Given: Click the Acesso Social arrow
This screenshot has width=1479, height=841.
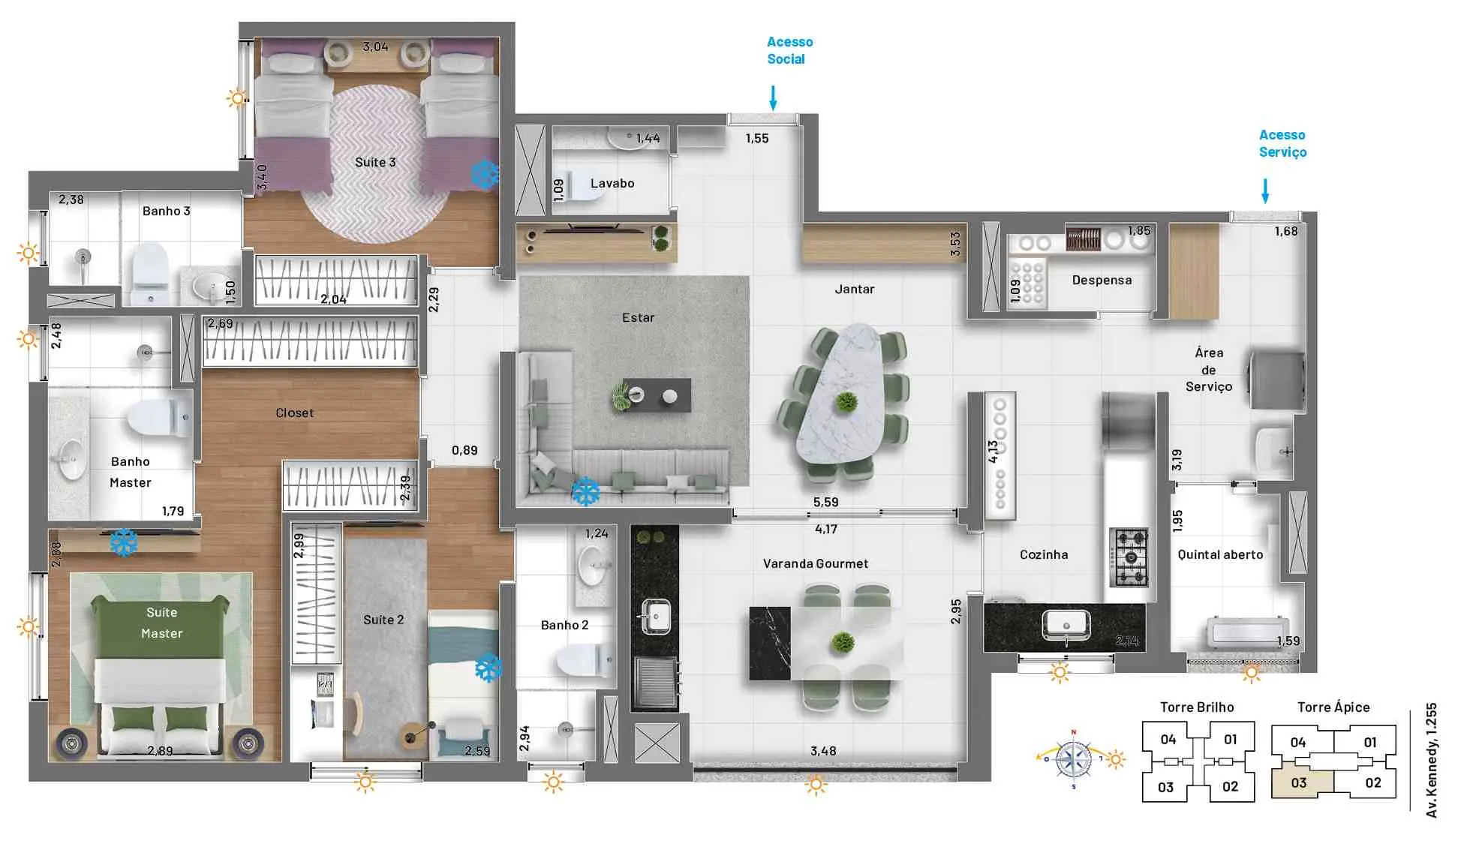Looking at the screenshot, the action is [x=773, y=98].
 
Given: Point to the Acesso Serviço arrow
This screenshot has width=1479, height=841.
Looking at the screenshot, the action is [x=1265, y=191].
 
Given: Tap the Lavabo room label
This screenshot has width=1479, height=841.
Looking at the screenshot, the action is [x=612, y=183].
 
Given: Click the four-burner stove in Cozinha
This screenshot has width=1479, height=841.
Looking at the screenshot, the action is [x=1129, y=557].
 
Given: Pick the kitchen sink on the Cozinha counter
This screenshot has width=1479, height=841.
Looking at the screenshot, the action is [x=1066, y=625].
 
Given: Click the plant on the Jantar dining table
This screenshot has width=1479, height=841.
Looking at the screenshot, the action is [x=846, y=403].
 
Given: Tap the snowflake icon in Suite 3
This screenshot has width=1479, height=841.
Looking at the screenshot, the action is [x=485, y=174].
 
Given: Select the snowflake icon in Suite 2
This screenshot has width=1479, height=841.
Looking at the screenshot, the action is [x=488, y=668].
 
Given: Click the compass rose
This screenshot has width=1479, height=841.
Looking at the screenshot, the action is [x=1075, y=759].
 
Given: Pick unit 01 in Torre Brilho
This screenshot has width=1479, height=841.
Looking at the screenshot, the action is [x=1231, y=740].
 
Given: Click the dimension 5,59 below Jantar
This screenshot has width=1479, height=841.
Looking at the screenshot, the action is [x=825, y=502].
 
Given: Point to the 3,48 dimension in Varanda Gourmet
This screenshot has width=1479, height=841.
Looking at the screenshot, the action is [x=823, y=751].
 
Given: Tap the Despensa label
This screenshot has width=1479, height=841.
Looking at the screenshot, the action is [x=1102, y=280].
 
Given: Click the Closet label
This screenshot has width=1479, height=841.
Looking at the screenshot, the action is [x=294, y=413].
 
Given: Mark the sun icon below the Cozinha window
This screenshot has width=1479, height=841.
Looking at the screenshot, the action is [x=1060, y=672].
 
